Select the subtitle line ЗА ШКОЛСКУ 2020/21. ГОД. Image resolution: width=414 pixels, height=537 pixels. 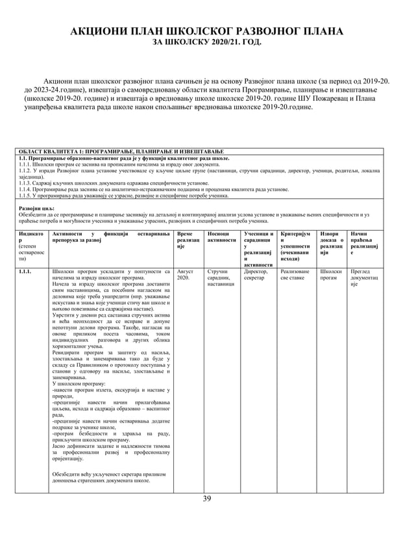(206, 43)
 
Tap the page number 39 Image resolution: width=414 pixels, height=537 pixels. (207, 499)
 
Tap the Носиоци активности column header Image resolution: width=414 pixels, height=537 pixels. (221, 237)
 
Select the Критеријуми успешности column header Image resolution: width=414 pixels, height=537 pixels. (296, 244)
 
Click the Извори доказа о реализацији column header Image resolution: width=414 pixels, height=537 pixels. (332, 244)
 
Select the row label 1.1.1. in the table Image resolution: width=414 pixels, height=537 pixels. (27, 271)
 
